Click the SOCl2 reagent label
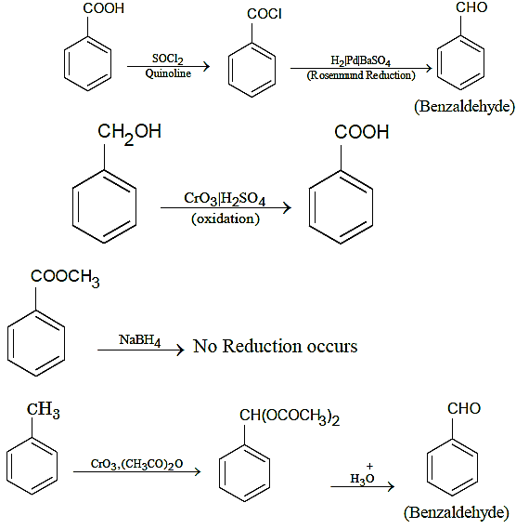pos(167,59)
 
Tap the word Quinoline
pos(168,73)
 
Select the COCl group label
pos(264,14)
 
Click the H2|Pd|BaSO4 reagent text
pos(360,60)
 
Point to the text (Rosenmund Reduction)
pos(361,75)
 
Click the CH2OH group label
pos(129,133)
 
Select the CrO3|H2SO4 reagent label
pos(225,199)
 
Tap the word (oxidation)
pos(226,218)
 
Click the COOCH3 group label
pos(65,278)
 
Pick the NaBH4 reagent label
pos(139,340)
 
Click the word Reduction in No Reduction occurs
pos(262,346)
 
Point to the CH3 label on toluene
pos(43,410)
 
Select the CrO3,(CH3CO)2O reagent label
pos(136,464)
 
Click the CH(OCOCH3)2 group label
pos(290,417)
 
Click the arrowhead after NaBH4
pos(181,350)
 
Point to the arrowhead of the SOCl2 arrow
pos(206,66)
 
